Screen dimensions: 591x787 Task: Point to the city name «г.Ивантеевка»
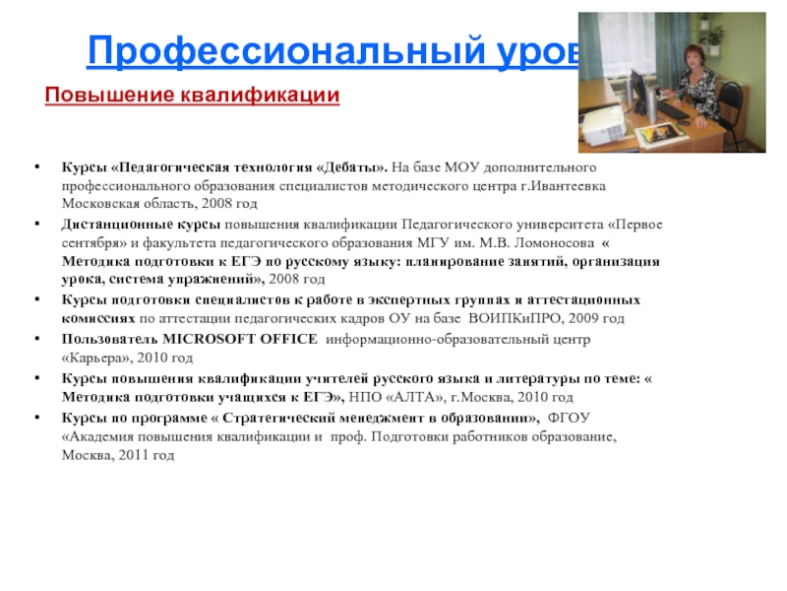tap(563, 186)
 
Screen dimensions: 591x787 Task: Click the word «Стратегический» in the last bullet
tap(258, 417)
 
